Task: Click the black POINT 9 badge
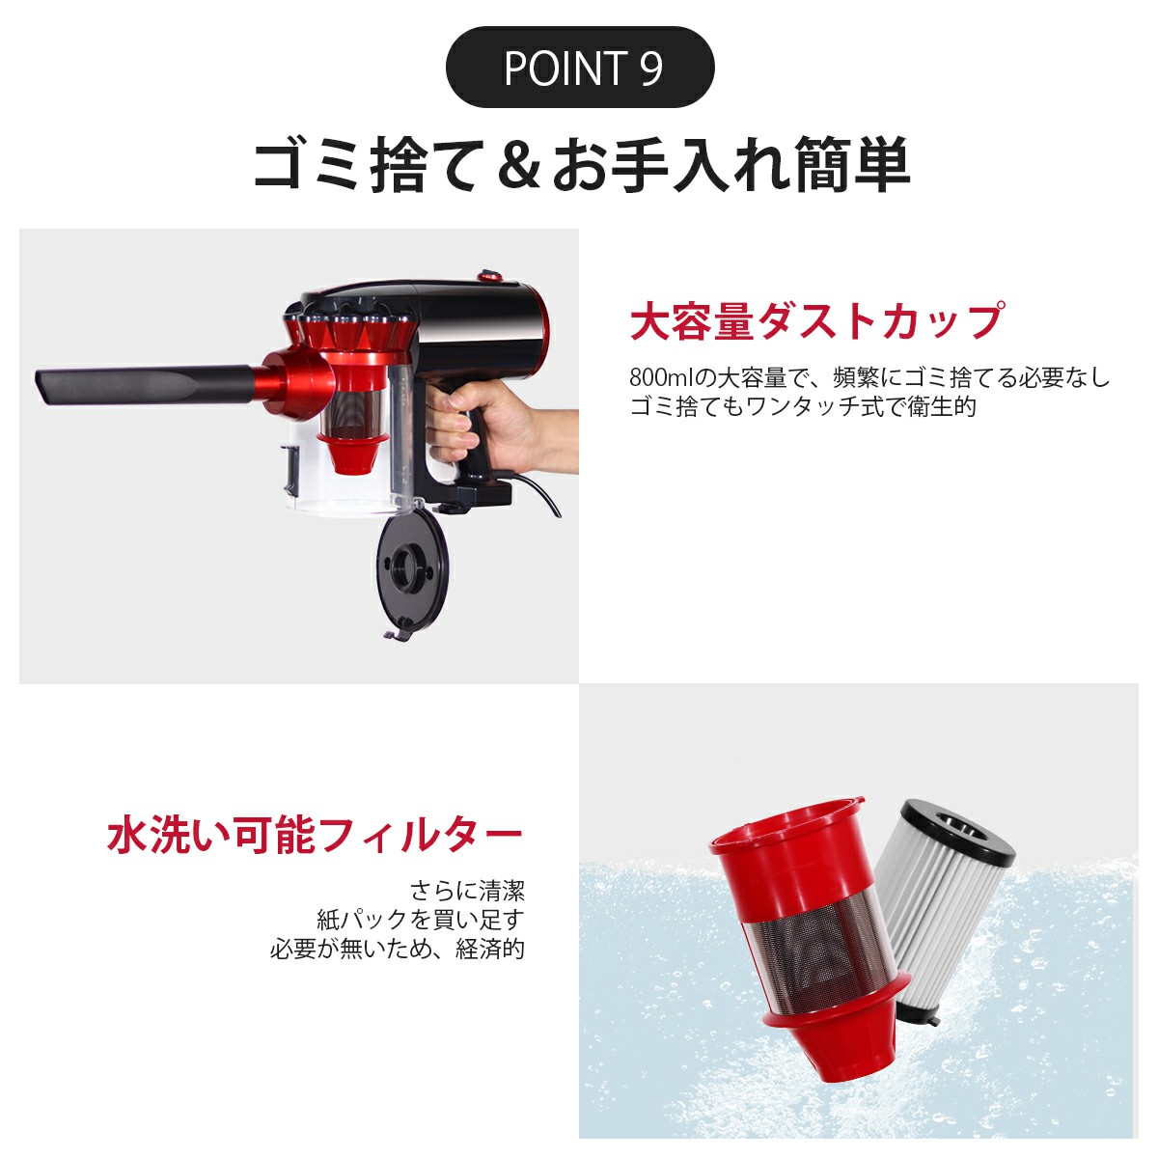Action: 580,68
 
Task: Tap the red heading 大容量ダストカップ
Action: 815,321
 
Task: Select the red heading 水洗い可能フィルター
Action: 315,835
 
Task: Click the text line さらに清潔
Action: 467,890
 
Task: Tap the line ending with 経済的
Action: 398,949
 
